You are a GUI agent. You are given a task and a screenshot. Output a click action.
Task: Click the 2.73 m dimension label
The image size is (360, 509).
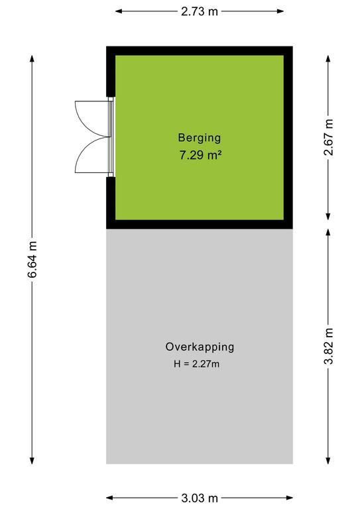click(x=200, y=11)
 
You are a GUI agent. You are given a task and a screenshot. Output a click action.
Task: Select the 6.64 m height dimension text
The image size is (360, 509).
click(x=32, y=259)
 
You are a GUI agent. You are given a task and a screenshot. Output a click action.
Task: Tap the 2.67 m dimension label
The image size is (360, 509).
click(x=329, y=137)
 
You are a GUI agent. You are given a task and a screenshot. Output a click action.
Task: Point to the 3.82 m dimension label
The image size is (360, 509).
click(x=329, y=347)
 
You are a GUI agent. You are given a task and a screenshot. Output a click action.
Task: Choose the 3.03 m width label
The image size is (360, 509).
click(x=200, y=498)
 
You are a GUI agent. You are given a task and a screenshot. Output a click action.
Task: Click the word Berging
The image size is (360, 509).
click(x=200, y=138)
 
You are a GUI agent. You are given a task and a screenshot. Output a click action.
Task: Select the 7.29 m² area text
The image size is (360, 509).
click(x=200, y=155)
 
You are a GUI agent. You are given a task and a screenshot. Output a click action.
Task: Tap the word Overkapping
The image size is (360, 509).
click(x=200, y=347)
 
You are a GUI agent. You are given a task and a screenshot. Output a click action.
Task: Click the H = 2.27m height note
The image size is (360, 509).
click(x=196, y=364)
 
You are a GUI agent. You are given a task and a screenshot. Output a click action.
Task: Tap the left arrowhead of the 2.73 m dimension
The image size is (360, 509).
click(x=119, y=11)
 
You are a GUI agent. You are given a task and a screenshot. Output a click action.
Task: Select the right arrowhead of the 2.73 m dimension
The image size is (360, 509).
click(x=280, y=11)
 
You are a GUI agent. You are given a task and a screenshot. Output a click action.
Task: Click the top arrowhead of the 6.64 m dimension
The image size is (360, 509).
click(x=32, y=58)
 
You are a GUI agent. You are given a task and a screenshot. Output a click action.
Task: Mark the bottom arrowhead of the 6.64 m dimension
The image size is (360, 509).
click(x=32, y=461)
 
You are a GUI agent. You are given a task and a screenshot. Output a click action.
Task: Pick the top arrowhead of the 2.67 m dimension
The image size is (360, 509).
click(x=328, y=58)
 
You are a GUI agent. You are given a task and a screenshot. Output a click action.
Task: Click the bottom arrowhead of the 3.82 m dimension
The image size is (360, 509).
click(x=328, y=461)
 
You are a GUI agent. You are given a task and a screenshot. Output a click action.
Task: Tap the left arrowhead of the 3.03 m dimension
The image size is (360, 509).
click(x=109, y=498)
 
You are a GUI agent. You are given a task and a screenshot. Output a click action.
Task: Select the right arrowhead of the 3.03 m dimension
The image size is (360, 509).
click(x=290, y=498)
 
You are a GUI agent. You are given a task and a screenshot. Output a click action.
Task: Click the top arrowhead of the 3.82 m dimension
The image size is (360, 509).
click(x=328, y=233)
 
